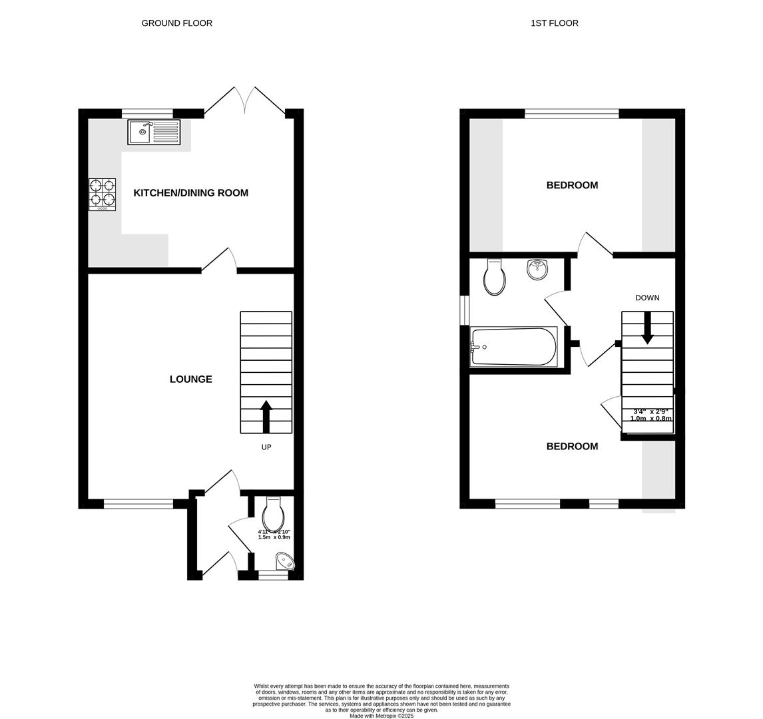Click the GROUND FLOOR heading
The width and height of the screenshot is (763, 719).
(176, 23)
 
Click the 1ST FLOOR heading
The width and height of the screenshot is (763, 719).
(554, 23)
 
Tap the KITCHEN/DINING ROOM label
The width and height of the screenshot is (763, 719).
(190, 193)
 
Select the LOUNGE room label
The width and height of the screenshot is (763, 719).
(190, 379)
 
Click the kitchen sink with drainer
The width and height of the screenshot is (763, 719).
(154, 132)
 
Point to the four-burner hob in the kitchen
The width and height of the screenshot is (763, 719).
(102, 194)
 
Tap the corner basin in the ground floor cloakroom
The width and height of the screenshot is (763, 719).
(287, 562)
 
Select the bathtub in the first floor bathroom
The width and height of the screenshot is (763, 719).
(513, 346)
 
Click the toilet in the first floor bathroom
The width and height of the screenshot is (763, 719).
(495, 278)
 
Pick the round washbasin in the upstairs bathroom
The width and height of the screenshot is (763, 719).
(537, 270)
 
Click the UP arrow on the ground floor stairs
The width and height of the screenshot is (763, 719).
(266, 416)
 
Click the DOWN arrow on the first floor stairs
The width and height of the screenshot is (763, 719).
(647, 328)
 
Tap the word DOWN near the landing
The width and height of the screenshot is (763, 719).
(647, 298)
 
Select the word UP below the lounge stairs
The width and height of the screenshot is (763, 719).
(266, 447)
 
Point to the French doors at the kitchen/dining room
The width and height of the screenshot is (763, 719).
(244, 101)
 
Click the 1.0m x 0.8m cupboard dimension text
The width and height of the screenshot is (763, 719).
(650, 419)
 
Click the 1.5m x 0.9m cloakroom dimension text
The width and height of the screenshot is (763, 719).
(274, 537)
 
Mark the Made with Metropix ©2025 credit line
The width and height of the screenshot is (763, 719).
(381, 716)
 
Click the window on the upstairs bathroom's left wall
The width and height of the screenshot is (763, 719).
(465, 310)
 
